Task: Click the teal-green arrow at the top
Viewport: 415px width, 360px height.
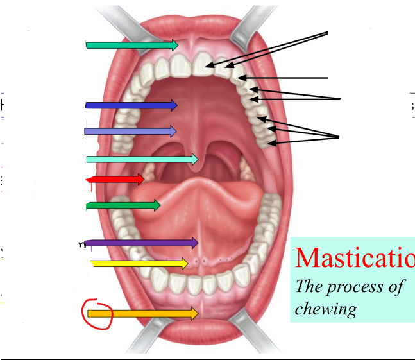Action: click(131, 45)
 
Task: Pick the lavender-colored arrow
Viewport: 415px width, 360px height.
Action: click(130, 132)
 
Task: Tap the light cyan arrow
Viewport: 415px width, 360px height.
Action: click(142, 159)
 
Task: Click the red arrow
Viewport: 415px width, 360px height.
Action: click(115, 179)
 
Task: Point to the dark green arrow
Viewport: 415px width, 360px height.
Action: click(123, 205)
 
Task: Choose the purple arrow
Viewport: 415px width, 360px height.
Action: click(141, 243)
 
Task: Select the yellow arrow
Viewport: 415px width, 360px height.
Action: click(139, 263)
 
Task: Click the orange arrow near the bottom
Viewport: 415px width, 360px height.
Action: click(142, 313)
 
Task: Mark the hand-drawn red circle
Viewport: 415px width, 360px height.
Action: click(97, 313)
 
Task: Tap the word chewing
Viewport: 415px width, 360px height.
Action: click(325, 309)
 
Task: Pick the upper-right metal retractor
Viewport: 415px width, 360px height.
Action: click(253, 19)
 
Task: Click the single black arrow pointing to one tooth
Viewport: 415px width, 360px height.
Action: click(282, 78)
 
